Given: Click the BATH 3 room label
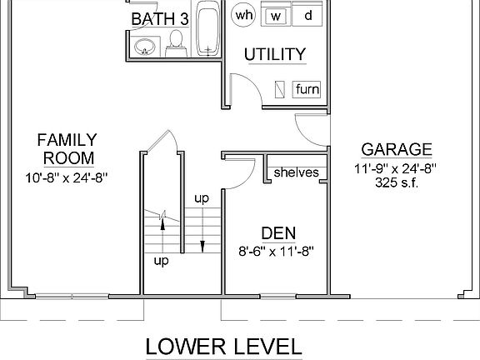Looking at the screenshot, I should [x=158, y=18].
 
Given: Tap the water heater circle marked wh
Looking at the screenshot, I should [x=244, y=15].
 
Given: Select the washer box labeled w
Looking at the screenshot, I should [x=276, y=16].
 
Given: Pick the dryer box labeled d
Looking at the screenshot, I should [x=307, y=16].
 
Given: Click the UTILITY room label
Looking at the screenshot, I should [x=275, y=55].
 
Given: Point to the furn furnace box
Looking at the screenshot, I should [x=307, y=89].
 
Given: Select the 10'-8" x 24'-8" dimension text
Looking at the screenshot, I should [x=67, y=177].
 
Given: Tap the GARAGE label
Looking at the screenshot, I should [x=397, y=150].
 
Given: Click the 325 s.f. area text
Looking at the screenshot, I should [x=396, y=183].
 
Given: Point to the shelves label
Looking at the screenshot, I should [x=296, y=172].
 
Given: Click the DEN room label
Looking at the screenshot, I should [x=278, y=232].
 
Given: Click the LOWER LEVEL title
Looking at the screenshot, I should [x=223, y=346].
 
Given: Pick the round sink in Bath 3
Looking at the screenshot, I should [x=144, y=47].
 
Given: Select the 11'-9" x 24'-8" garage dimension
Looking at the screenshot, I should [x=396, y=168].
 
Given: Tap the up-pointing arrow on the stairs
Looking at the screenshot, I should [x=163, y=222].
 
